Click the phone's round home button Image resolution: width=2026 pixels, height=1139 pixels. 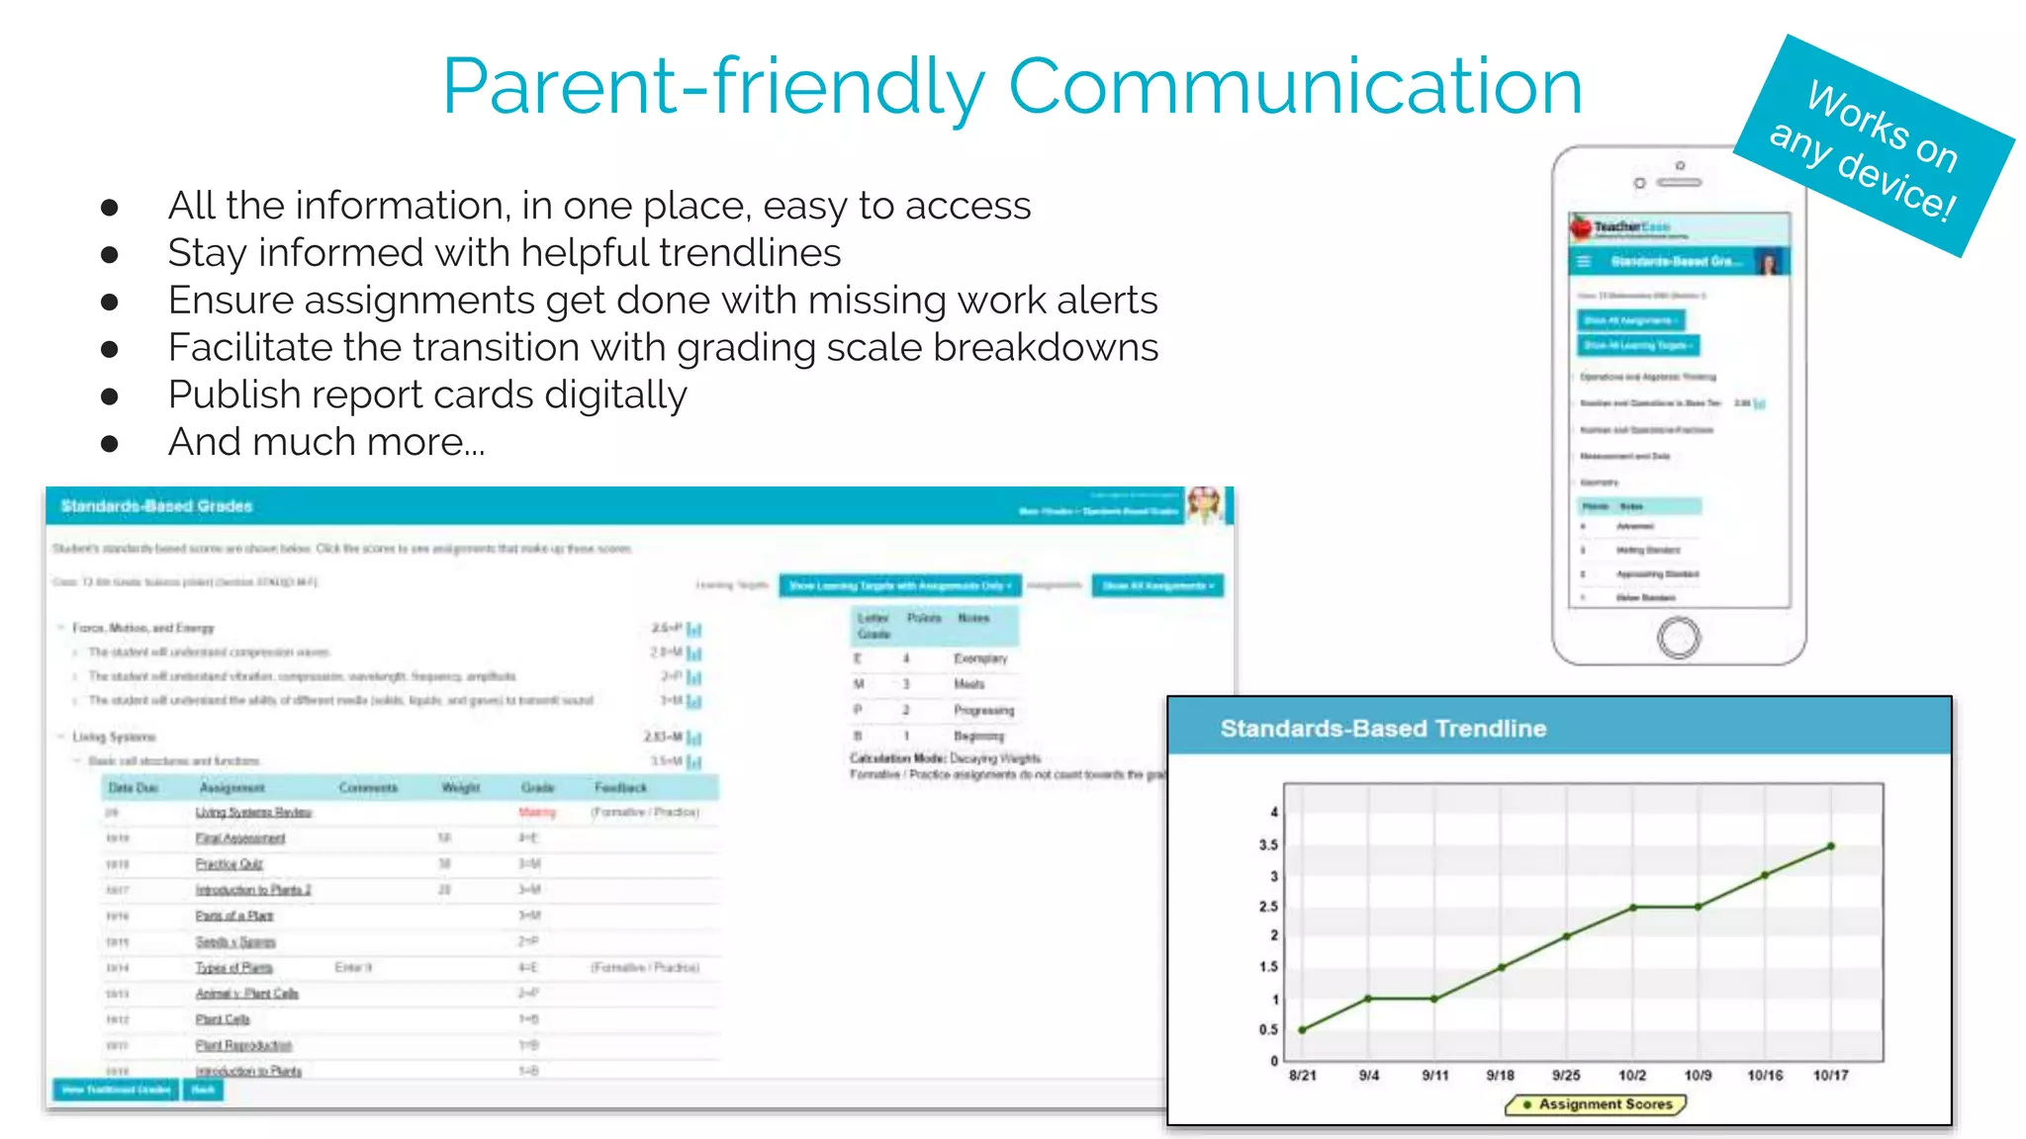pyautogui.click(x=1678, y=638)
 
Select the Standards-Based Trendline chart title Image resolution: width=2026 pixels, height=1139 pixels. pyautogui.click(x=1382, y=729)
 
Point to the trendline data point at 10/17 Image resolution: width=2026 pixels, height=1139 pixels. pyautogui.click(x=1831, y=846)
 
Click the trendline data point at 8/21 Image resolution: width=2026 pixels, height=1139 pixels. pyautogui.click(x=1302, y=1030)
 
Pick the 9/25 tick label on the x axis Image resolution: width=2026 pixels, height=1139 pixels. pyautogui.click(x=1566, y=1076)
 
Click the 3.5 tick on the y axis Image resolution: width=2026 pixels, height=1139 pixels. pyautogui.click(x=1268, y=845)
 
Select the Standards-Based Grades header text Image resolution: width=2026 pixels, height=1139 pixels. pyautogui.click(x=156, y=506)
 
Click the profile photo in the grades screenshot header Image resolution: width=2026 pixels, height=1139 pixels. pyautogui.click(x=1205, y=504)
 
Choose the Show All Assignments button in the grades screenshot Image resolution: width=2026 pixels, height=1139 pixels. pyautogui.click(x=1157, y=586)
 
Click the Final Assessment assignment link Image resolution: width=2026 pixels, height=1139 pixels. pyautogui.click(x=240, y=838)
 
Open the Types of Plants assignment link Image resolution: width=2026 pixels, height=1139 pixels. pyautogui.click(x=233, y=968)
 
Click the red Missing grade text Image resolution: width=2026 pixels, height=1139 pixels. pyautogui.click(x=537, y=813)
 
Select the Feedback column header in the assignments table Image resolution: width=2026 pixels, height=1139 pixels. pyautogui.click(x=620, y=788)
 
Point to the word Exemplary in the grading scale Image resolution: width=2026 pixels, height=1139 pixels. pyautogui.click(x=980, y=658)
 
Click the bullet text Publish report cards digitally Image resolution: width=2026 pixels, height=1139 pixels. pyautogui.click(x=427, y=394)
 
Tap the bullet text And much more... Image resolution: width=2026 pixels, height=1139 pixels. pyautogui.click(x=326, y=442)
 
